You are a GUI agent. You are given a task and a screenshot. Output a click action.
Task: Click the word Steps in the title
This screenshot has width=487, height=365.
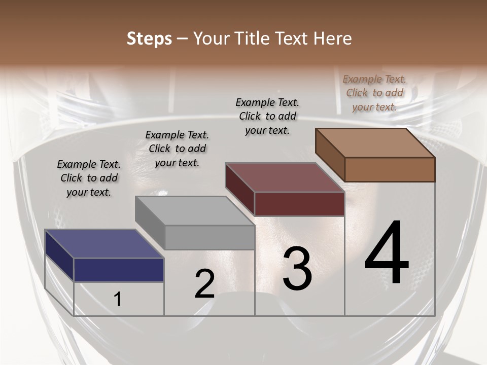coord(149,39)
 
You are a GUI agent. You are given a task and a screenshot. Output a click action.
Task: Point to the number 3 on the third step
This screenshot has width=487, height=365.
coord(297,268)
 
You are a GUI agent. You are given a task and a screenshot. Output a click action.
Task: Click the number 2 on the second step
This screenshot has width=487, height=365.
coord(204,284)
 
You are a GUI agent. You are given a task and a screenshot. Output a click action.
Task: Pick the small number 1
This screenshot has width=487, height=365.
coord(118,299)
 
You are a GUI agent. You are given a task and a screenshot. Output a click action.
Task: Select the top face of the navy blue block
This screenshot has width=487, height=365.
coord(104,244)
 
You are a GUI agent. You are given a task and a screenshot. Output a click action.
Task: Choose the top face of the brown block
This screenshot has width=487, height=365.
coord(375,143)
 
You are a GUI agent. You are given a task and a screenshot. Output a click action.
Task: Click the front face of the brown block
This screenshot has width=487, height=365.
coord(390,169)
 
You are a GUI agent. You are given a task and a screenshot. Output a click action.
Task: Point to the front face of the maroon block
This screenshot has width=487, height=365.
coord(299,204)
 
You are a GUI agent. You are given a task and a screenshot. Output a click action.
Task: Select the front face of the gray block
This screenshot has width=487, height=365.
coord(210,237)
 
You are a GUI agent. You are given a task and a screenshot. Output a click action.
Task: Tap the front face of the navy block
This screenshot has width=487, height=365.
coord(119,270)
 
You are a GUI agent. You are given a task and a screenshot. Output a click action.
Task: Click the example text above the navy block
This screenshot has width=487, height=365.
coord(89,178)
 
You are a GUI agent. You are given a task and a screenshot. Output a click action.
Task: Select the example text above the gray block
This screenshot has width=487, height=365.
coord(177,149)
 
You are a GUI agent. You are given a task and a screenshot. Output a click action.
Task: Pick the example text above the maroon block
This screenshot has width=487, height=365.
coord(267,116)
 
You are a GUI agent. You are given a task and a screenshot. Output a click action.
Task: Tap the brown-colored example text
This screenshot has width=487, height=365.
coord(374,93)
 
